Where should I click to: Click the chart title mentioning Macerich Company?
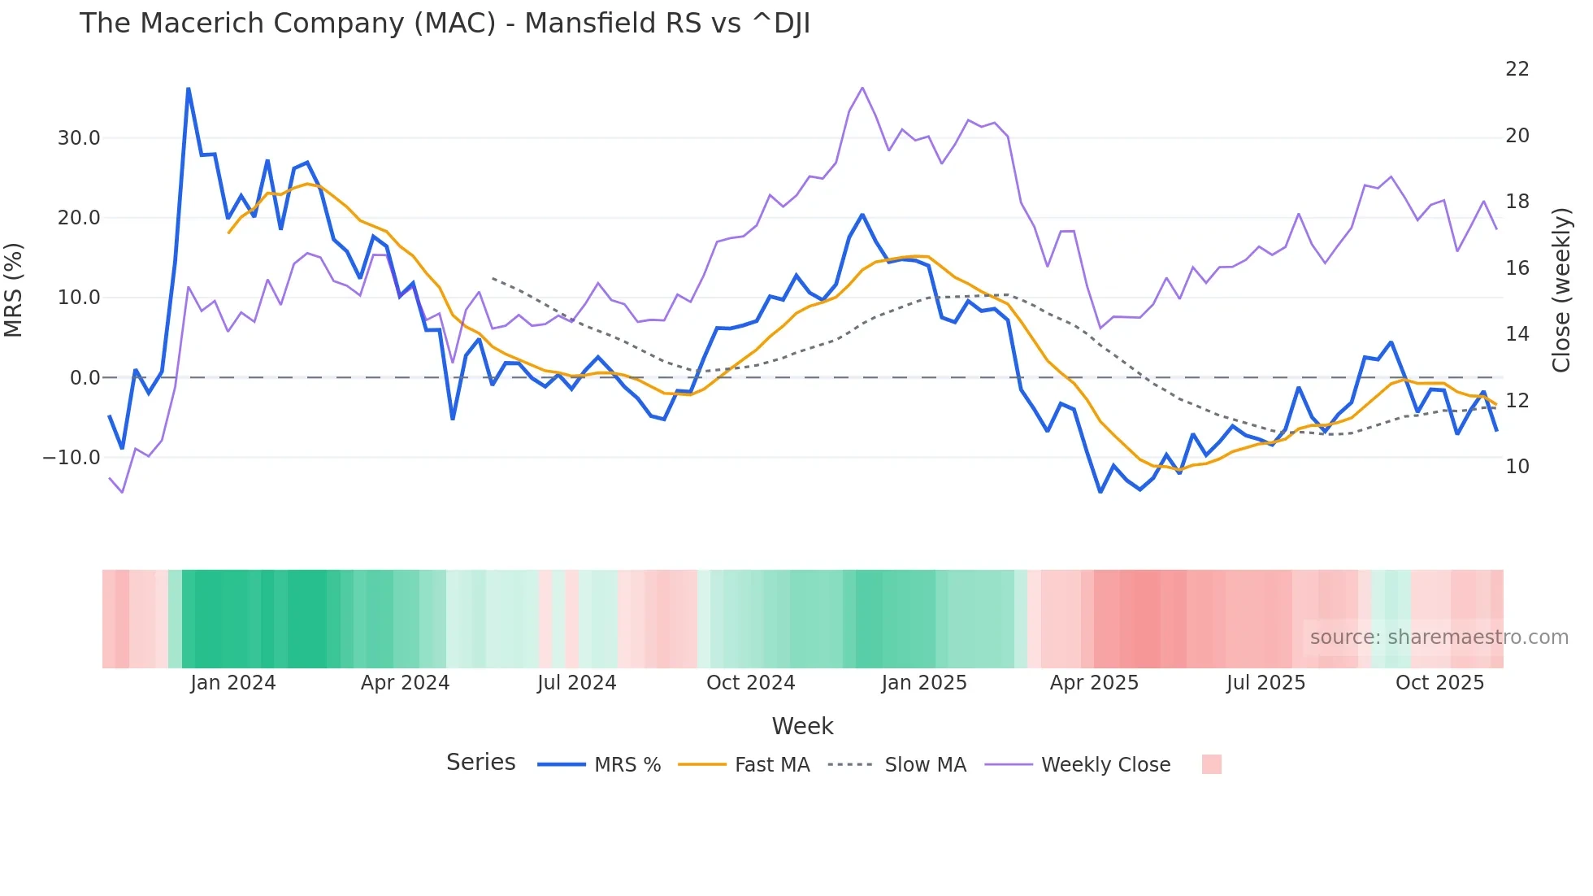pos(445,24)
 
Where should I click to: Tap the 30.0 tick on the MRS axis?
pos(79,138)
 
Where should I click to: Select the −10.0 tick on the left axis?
pos(72,458)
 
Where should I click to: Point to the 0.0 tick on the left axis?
pos(85,378)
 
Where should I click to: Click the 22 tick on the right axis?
pos(1517,69)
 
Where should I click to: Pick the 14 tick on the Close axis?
pos(1517,334)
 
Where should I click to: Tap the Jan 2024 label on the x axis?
pos(233,683)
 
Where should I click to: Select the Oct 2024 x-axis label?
pos(750,683)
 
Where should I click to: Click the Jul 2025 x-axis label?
pos(1265,683)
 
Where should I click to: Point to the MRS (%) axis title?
pos(14,290)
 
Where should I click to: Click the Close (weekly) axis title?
pos(1561,290)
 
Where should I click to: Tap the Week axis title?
pos(802,726)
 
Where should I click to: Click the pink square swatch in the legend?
pos(1211,764)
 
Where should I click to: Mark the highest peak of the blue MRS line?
pos(189,89)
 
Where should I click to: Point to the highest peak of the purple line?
pos(862,88)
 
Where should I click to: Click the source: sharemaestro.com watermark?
pos(1439,637)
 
